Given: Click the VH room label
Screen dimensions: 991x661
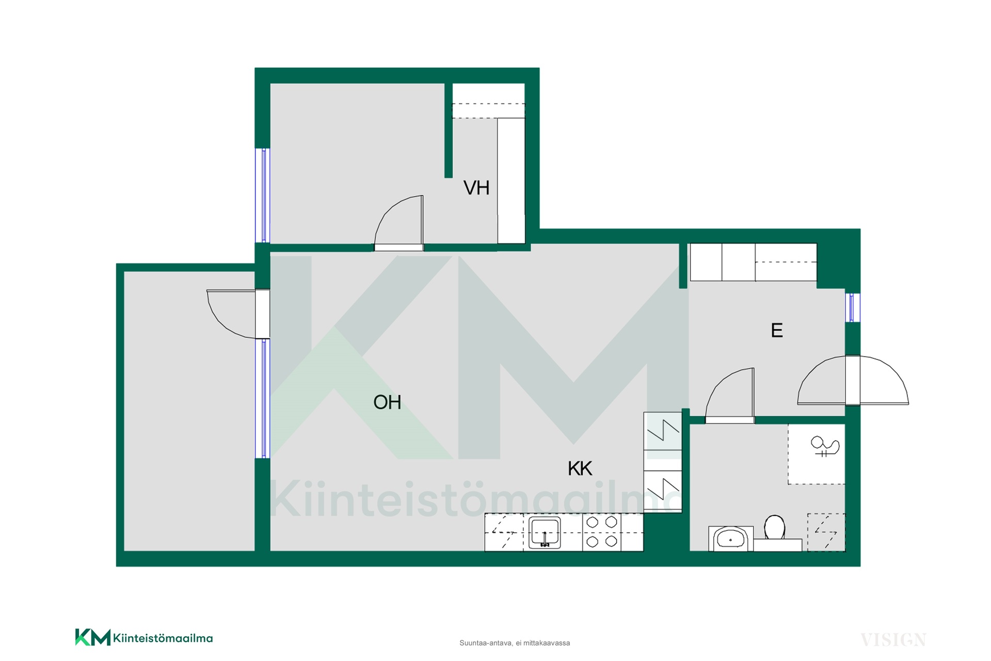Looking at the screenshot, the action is click(x=476, y=188).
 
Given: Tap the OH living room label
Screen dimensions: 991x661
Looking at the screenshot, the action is click(x=387, y=402).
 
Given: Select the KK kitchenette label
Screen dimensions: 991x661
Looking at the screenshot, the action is click(x=580, y=468).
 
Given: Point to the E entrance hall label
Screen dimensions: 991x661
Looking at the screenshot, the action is click(x=777, y=330).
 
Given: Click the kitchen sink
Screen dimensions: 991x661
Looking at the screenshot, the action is click(x=545, y=533).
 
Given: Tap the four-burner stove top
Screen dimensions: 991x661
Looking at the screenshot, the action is click(x=602, y=532).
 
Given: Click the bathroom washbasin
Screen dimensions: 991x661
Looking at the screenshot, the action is click(x=730, y=539).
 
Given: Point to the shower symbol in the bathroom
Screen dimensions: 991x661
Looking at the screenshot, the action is click(x=824, y=446).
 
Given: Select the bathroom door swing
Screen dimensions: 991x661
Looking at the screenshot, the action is click(x=729, y=396).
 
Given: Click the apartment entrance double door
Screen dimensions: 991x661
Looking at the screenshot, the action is click(x=853, y=380).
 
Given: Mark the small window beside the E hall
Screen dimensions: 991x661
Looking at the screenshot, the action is click(x=853, y=307).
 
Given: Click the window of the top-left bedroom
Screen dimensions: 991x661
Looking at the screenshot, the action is click(x=263, y=195).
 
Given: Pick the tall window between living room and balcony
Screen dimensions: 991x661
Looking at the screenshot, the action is click(x=263, y=398).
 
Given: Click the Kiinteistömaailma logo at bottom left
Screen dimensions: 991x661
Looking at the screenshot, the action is click(x=144, y=637).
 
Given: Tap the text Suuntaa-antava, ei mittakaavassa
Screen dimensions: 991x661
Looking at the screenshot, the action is click(x=515, y=643).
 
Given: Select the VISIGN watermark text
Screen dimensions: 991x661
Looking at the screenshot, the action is click(x=893, y=640).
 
